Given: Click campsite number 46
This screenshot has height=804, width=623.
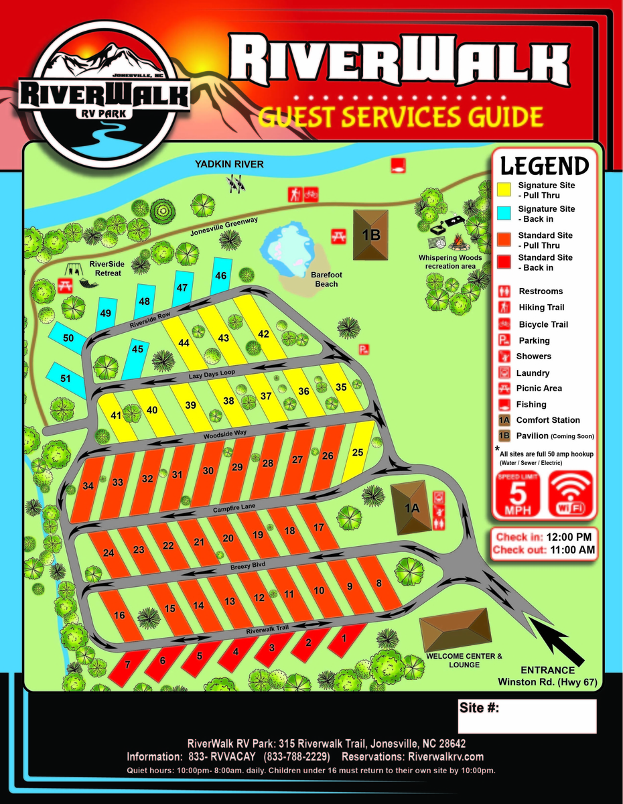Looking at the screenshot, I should (x=221, y=276).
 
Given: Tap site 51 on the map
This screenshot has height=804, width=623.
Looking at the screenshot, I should (x=65, y=379).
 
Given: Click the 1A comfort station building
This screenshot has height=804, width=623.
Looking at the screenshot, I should (x=411, y=507).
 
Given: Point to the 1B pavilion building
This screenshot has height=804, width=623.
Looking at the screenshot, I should (x=371, y=234).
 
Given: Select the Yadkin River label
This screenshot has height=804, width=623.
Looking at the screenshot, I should (x=229, y=164).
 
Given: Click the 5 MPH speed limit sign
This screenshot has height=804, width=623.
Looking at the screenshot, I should (x=516, y=494).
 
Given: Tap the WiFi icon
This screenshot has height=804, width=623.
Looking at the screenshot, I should (x=570, y=494).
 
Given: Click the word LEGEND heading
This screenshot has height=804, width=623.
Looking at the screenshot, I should (x=545, y=165).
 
